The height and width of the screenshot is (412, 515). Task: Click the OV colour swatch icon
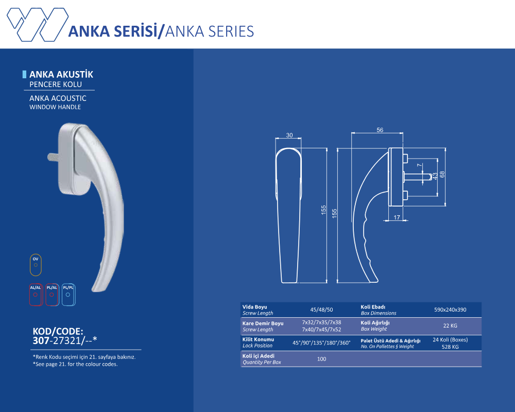click(x=36, y=265)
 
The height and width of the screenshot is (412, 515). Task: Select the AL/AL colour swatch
click(x=36, y=295)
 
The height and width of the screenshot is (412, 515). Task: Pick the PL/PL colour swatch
click(x=68, y=295)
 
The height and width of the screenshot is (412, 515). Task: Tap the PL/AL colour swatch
click(x=52, y=295)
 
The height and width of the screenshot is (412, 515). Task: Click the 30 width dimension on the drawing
click(x=289, y=135)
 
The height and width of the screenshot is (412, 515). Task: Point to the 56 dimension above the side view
click(x=380, y=130)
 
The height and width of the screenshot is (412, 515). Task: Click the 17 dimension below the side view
click(x=397, y=218)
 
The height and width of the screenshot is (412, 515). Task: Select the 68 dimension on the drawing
click(x=442, y=175)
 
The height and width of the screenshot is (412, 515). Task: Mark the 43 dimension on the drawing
click(x=435, y=176)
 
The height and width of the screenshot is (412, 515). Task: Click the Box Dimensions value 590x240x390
click(x=450, y=310)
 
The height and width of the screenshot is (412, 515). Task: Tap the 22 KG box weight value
click(x=450, y=325)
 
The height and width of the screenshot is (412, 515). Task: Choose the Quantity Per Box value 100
click(x=322, y=359)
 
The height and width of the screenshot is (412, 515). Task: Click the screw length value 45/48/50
click(x=322, y=310)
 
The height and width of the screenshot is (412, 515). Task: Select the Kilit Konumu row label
click(x=259, y=340)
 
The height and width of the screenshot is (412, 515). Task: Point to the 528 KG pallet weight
click(x=450, y=347)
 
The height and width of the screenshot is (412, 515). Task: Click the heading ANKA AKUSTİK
click(x=61, y=75)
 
